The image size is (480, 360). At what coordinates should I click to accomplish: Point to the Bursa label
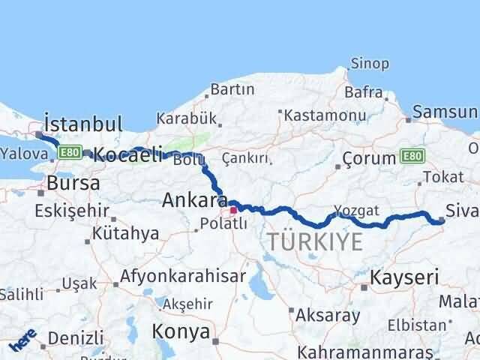[x=72, y=183]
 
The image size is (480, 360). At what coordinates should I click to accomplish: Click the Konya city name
[x=181, y=330]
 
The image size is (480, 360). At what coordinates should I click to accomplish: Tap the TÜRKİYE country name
[x=315, y=241]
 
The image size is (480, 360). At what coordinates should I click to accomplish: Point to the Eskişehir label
[x=70, y=211]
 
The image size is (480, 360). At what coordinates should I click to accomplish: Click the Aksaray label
[x=328, y=315]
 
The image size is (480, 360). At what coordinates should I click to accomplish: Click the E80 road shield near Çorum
[x=412, y=156]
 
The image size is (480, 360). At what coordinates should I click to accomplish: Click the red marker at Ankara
[x=233, y=211]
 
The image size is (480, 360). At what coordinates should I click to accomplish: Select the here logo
[x=22, y=343]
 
